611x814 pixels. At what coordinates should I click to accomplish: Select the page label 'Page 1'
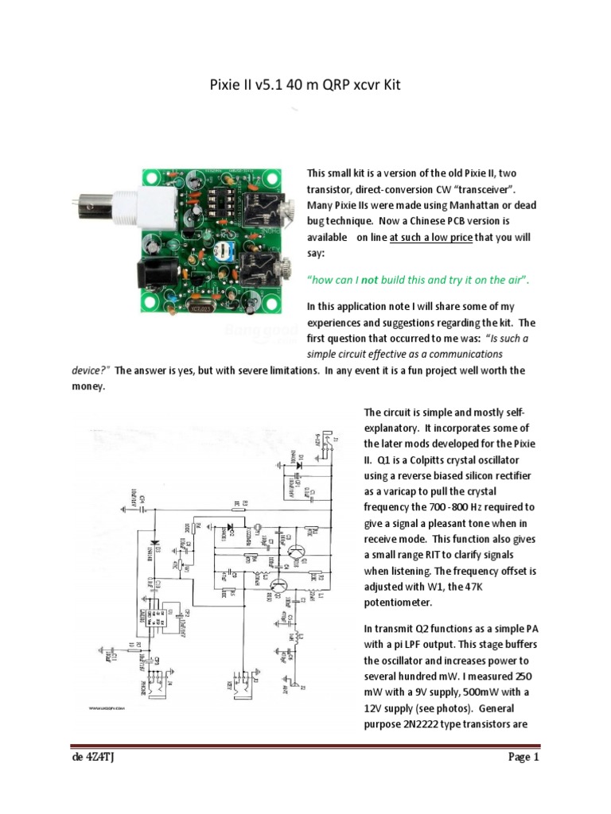pos(524,758)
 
